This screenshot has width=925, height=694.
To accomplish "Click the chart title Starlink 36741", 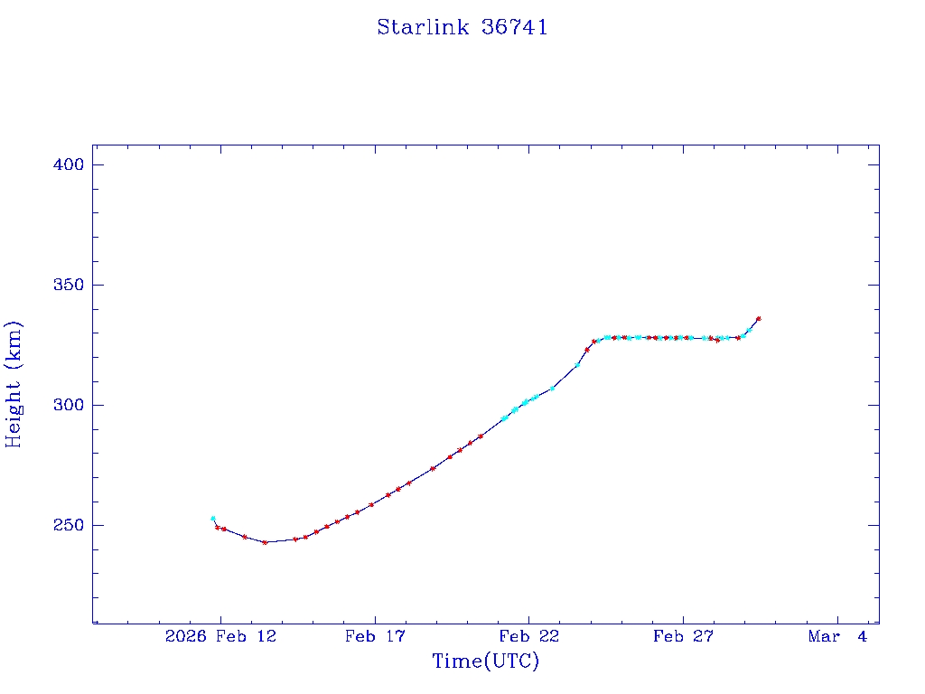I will tap(462, 27).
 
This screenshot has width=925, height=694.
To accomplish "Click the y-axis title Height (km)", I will tap(14, 384).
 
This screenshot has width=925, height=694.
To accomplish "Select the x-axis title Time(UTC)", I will tap(486, 661).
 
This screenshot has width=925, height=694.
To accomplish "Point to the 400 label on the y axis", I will tap(70, 164).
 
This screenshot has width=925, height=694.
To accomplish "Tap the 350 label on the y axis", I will tap(70, 285).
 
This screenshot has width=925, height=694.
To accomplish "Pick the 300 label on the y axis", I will tap(70, 405).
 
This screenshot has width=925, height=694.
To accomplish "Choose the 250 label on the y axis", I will tap(70, 525).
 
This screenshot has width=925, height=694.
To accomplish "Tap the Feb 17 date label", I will tap(374, 637).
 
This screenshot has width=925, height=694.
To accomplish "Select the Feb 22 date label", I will tap(528, 637).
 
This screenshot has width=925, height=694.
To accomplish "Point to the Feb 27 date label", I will tap(683, 637).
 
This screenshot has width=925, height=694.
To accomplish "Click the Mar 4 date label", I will tap(837, 637).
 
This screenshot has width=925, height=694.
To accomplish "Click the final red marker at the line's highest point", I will tap(758, 318).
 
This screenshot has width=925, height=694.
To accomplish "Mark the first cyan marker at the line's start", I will tap(213, 519).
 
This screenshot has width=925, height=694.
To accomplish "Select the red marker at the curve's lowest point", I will tap(265, 542).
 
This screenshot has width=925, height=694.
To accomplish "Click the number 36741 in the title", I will tap(515, 27).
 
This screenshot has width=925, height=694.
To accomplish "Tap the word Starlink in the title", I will tap(423, 27).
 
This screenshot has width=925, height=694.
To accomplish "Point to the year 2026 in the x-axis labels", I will tap(184, 637).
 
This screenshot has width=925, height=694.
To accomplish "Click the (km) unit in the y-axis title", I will tap(14, 342).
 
